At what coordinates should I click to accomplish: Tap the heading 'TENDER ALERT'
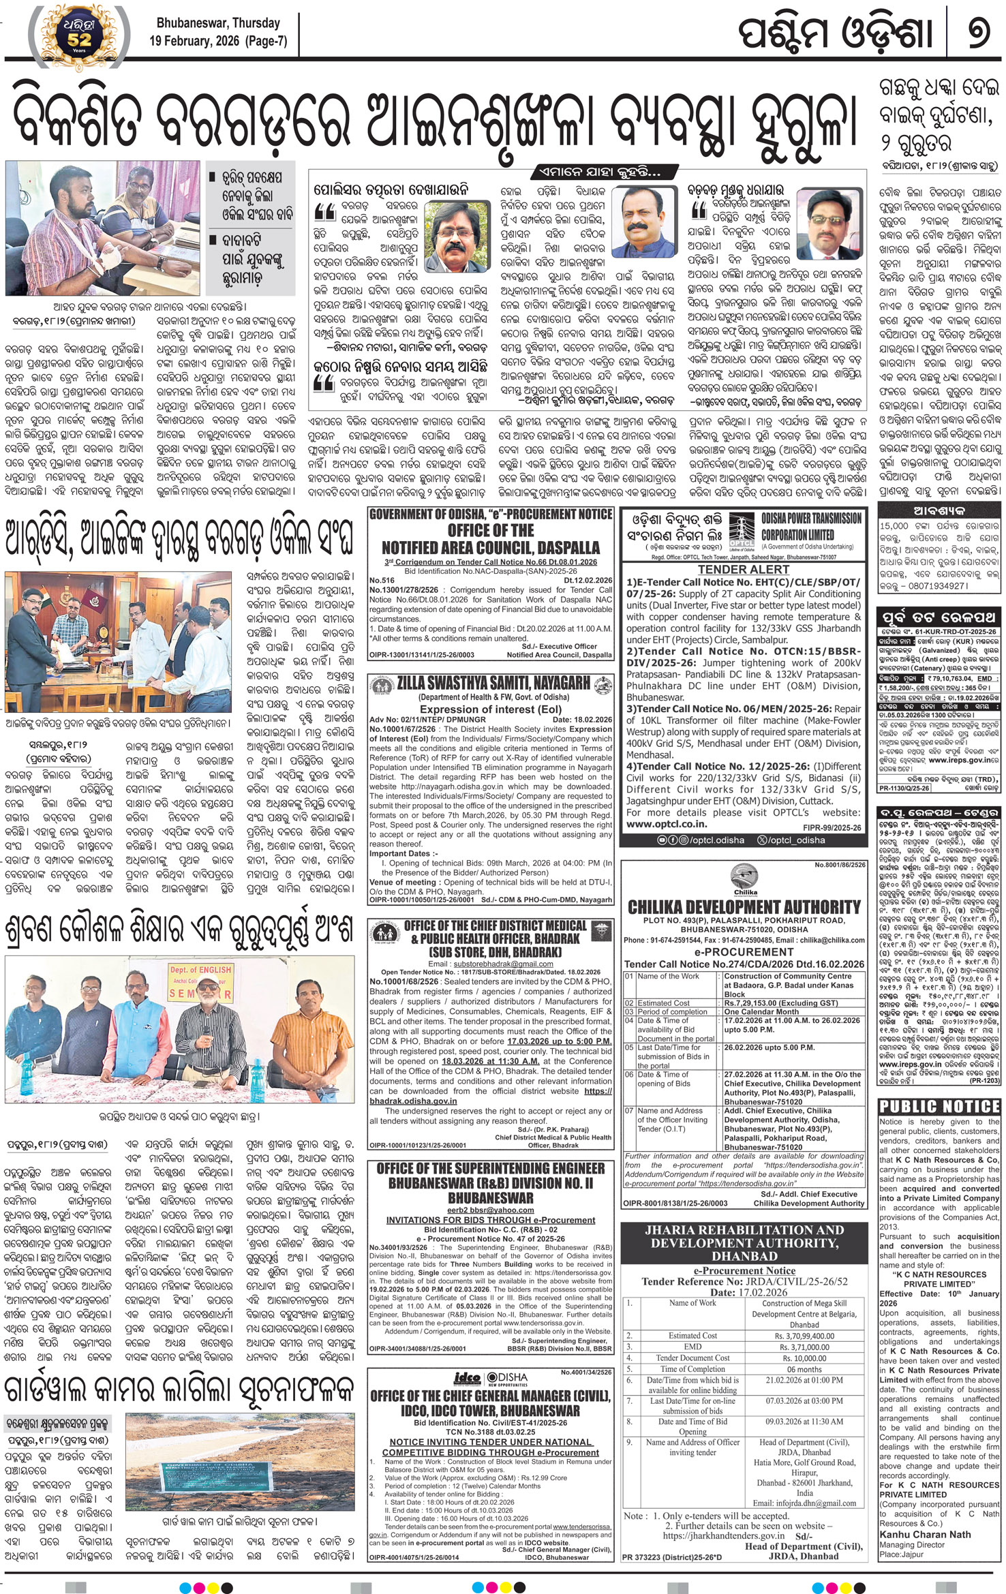pyautogui.click(x=743, y=569)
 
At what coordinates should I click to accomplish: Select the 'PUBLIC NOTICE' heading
pyautogui.click(x=939, y=1106)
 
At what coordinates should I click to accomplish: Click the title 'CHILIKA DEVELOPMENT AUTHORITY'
pyautogui.click(x=744, y=907)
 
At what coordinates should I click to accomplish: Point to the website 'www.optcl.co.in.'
pyautogui.click(x=667, y=824)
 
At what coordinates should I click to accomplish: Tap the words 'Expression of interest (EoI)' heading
pyautogui.click(x=490, y=709)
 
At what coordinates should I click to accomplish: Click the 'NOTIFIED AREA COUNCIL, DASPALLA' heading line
pyautogui.click(x=490, y=547)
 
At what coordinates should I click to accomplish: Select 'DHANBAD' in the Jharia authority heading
pyautogui.click(x=744, y=1256)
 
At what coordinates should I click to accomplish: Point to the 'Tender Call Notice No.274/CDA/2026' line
pyautogui.click(x=744, y=964)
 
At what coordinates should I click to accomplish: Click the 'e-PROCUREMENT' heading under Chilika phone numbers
pyautogui.click(x=744, y=951)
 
